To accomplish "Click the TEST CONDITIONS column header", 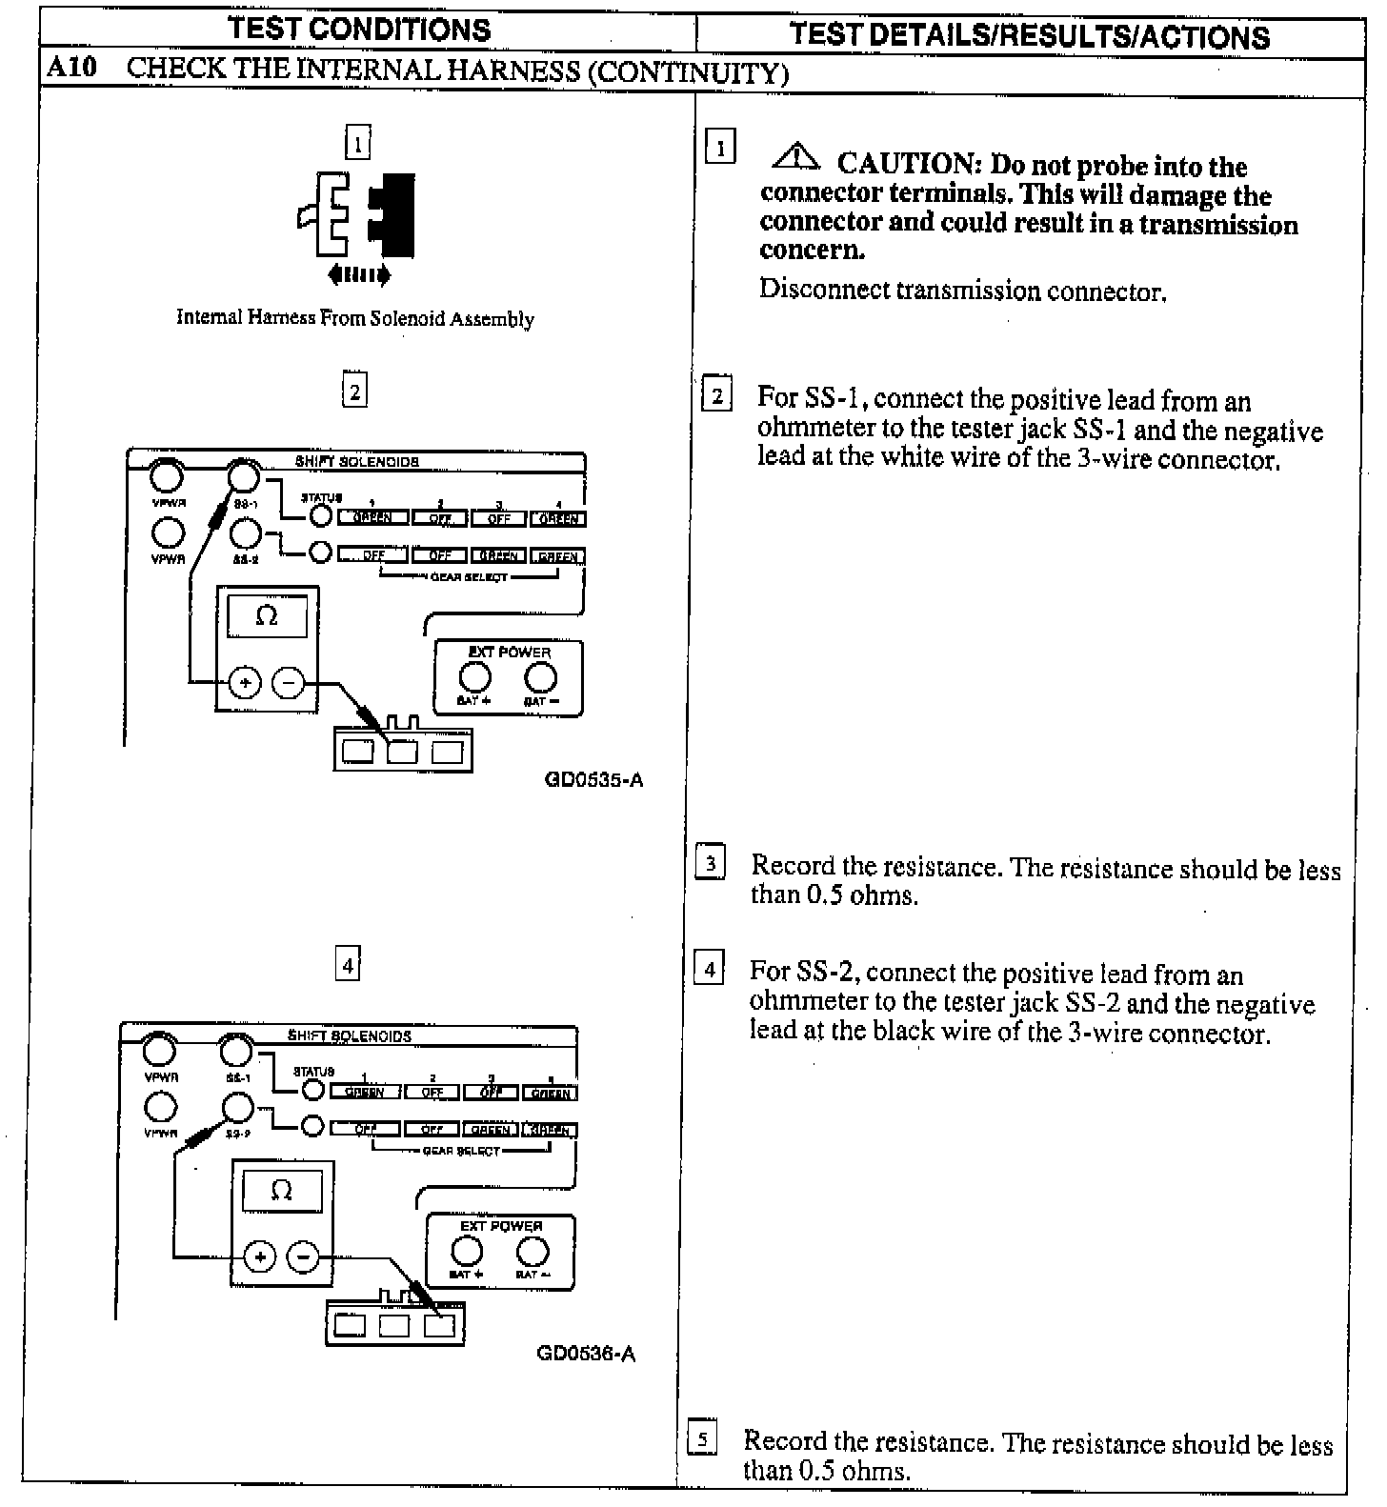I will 360,29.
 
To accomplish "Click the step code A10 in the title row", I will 71,70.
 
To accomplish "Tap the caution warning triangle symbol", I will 797,156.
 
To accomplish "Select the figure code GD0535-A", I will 593,780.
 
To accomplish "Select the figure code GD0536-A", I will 586,1354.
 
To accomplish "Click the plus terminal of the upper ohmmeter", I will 245,682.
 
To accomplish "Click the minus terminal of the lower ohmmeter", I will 303,1256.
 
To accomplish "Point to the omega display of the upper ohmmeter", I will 267,616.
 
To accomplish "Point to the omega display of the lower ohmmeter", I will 281,1191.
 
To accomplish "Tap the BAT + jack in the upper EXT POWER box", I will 474,677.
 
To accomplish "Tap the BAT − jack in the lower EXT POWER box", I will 532,1252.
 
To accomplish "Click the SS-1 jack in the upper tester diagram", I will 244,474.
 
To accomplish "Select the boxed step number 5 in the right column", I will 701,1439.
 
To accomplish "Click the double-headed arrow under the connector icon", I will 358,276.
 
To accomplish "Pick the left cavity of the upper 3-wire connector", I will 357,752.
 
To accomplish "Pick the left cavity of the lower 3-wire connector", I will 350,1325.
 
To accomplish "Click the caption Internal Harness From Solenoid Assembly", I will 354,319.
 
